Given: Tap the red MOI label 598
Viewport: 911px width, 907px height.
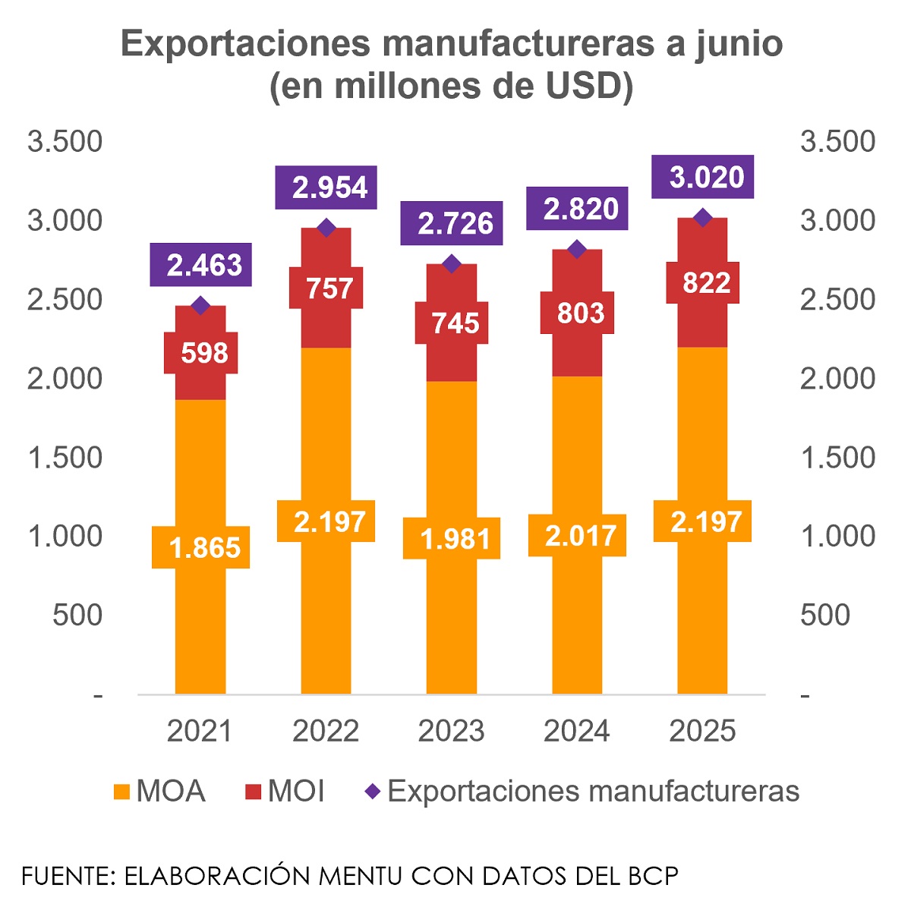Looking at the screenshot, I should tap(201, 353).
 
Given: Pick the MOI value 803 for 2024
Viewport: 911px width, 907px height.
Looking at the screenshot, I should tap(577, 313).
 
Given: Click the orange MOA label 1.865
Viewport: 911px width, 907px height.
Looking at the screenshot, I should tap(201, 547).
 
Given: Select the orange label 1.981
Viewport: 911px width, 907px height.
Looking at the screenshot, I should tap(452, 539).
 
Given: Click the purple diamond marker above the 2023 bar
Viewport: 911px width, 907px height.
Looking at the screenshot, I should tap(452, 264).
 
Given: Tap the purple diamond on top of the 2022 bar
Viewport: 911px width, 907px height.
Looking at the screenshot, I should tap(326, 228).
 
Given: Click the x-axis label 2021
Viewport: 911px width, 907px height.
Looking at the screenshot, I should tap(200, 731).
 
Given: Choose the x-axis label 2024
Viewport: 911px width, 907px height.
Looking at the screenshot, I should tap(577, 731).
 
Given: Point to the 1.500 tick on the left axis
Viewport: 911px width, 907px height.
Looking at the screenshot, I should tap(65, 458).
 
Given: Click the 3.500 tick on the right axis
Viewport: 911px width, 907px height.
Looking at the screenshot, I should tap(837, 142).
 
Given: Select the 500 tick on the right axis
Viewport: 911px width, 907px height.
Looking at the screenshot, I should tap(824, 615).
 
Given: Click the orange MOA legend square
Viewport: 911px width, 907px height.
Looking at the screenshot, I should tap(121, 792).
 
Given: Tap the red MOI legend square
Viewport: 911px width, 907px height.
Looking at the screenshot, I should tap(254, 792).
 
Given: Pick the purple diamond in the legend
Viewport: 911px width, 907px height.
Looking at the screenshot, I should tap(372, 792).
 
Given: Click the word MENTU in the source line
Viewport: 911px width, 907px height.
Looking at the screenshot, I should tap(360, 876).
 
